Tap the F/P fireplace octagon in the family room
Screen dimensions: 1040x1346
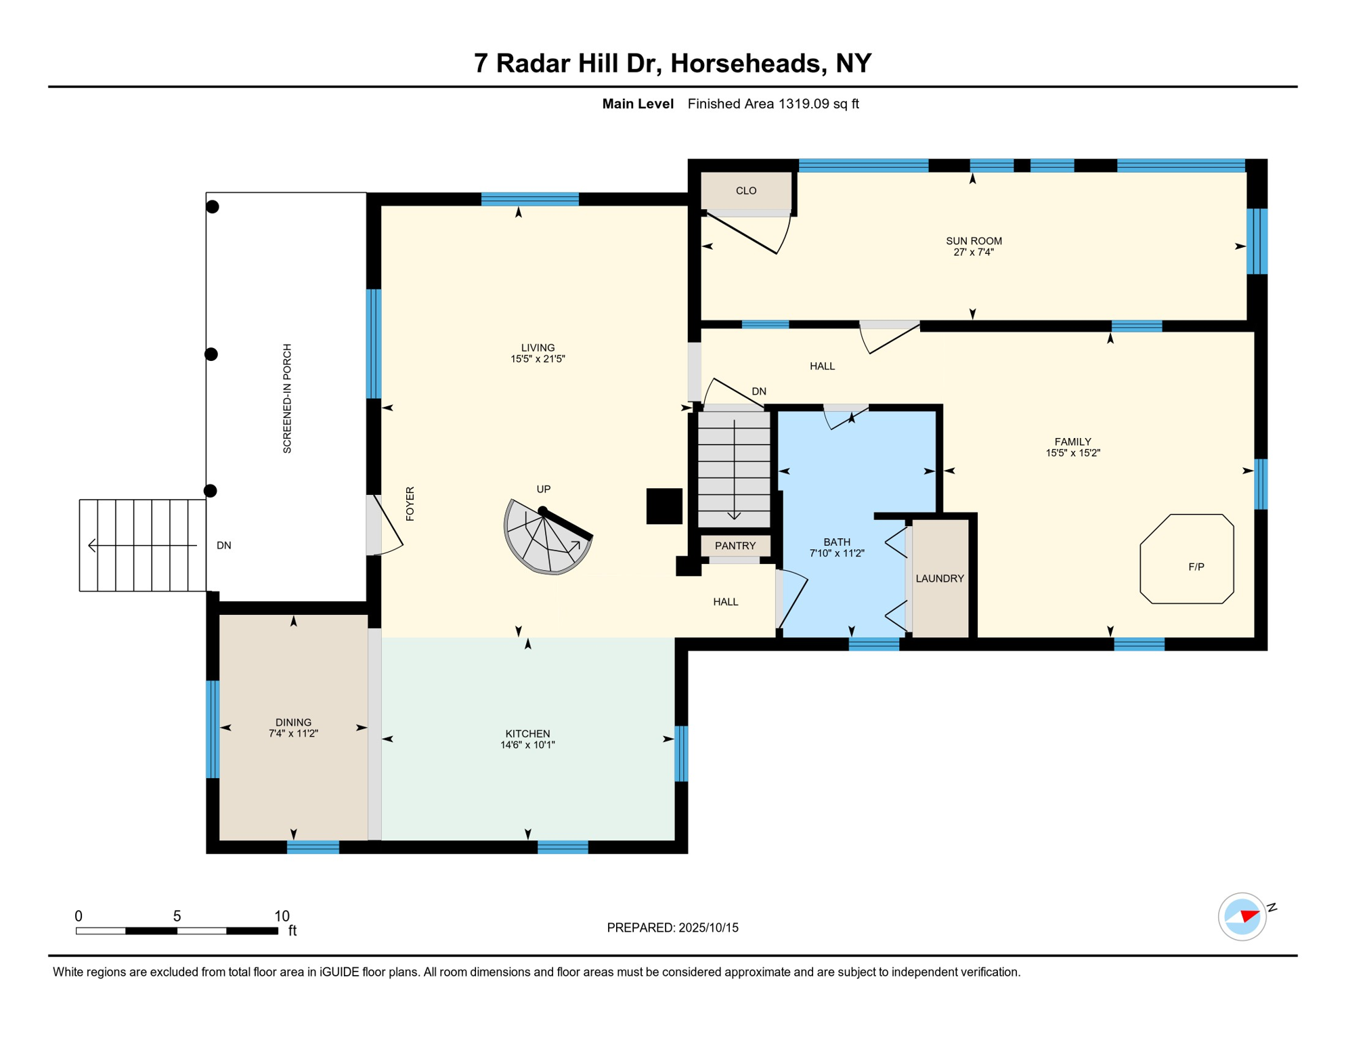1186,559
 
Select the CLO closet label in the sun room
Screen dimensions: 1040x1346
745,191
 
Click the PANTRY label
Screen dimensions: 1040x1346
735,546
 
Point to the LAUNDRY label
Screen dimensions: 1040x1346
939,578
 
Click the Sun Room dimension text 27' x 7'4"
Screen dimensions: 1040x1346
973,253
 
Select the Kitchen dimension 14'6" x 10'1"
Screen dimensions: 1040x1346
527,745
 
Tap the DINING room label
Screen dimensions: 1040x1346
293,722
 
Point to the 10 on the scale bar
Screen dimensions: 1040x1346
282,916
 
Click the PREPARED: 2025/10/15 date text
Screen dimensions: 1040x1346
672,928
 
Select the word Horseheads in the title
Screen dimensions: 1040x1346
748,63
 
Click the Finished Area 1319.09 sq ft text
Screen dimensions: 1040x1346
773,104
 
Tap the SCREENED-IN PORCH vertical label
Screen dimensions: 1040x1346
287,398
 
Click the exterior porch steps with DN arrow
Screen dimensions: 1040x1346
142,545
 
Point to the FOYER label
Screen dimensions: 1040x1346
410,504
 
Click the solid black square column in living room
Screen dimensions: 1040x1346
664,506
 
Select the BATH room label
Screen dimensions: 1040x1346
836,542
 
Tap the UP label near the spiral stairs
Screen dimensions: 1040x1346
543,489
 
